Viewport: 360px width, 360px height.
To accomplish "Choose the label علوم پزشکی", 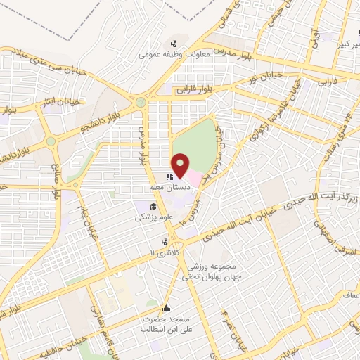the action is pyautogui.click(x=153, y=218).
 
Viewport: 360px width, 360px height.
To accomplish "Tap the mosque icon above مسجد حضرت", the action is pyautogui.click(x=166, y=307).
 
